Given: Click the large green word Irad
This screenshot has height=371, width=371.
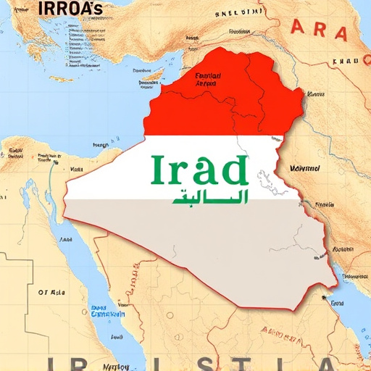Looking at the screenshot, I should point(199,170).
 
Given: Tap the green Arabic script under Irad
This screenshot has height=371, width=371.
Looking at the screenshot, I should point(210,196).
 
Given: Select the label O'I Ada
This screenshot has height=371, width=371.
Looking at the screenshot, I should point(51,293).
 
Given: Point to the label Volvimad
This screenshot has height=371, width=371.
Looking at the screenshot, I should point(304,168).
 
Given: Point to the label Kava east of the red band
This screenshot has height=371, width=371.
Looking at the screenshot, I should point(316,94).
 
